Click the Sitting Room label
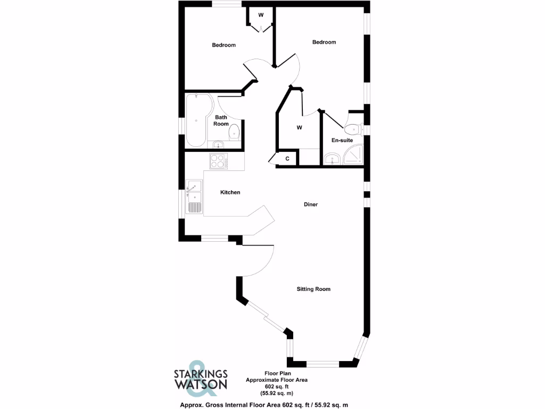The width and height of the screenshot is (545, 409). pos(313,289)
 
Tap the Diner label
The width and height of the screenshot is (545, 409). pos(311,204)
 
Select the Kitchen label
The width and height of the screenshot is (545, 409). pos(230,192)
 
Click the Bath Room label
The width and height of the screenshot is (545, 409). pos(221,120)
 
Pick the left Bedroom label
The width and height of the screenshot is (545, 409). pos(224,45)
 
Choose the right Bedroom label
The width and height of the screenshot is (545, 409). pos(324,42)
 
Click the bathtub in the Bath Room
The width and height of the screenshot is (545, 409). pos(197,120)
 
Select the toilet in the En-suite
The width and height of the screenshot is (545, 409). pos(353,128)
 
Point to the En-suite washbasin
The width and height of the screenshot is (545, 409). pos(333,158)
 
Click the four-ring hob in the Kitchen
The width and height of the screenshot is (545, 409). pos(218,160)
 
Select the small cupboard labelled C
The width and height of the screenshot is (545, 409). pos(287,159)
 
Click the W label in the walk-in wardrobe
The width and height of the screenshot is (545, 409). pos(299,128)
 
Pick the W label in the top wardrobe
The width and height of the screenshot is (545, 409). pos(261,15)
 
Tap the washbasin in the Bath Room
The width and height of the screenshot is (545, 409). pos(217,144)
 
